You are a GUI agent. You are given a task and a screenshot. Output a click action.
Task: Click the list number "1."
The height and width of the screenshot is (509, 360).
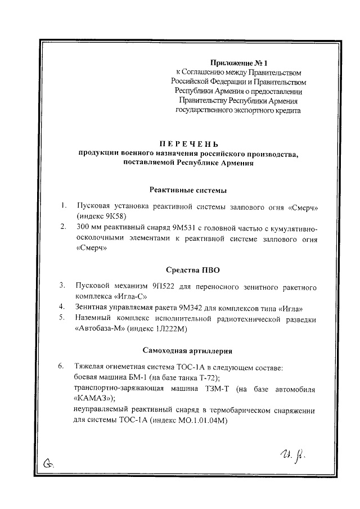(65, 206)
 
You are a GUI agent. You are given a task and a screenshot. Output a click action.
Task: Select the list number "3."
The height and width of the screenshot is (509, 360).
(64, 286)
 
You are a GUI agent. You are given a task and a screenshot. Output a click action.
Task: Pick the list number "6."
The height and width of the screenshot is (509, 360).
(64, 367)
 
